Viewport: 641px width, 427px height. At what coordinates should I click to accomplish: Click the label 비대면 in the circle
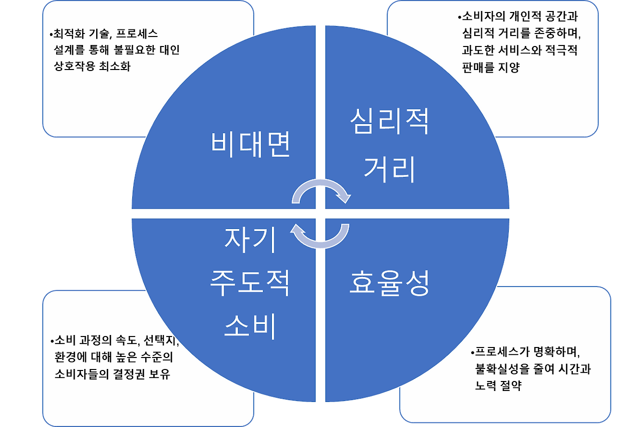[250, 144]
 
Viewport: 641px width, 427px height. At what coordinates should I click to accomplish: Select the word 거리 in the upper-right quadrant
[389, 168]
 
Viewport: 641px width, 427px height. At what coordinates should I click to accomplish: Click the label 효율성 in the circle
[389, 283]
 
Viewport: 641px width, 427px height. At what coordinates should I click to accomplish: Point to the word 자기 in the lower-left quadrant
[250, 240]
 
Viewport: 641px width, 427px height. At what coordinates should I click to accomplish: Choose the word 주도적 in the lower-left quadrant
[250, 283]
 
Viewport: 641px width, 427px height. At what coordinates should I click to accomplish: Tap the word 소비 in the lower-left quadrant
[250, 327]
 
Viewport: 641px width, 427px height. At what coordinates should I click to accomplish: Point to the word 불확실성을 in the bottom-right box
[506, 369]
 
